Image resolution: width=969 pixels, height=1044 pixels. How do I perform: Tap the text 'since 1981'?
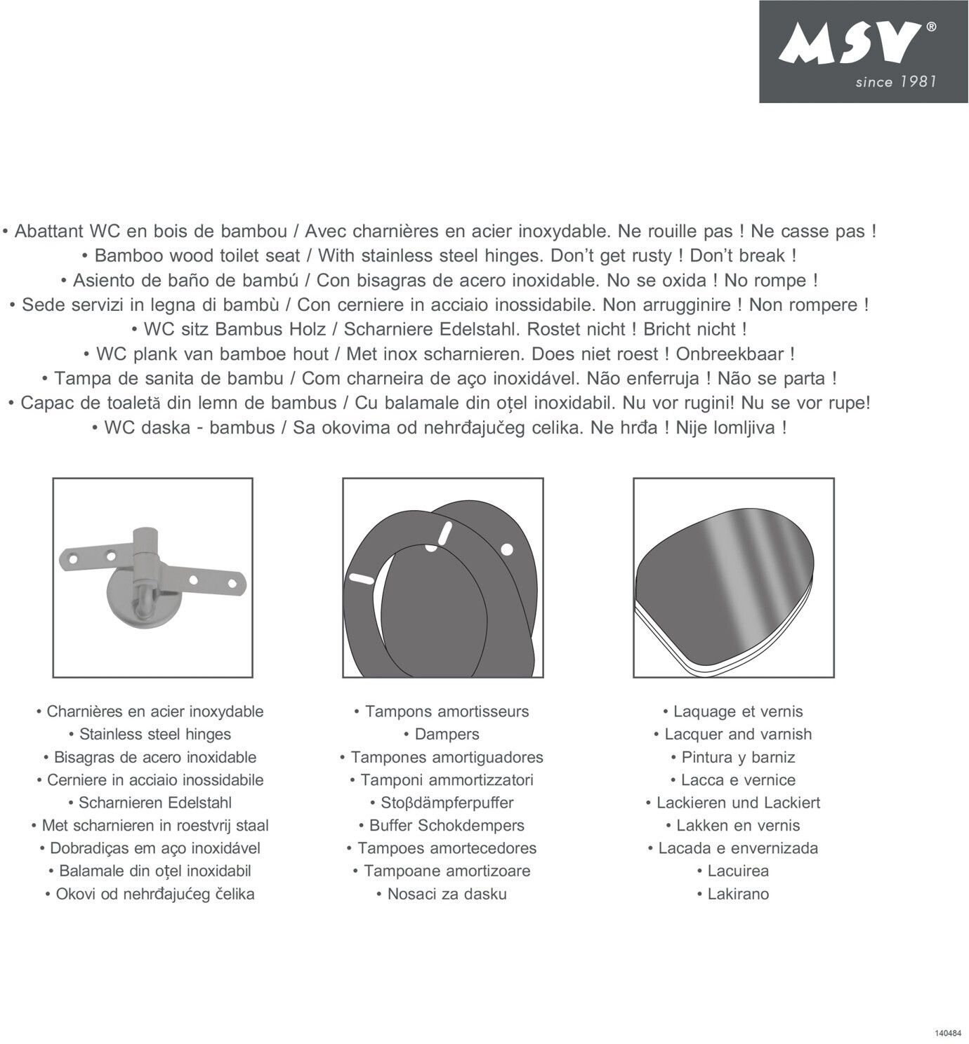[895, 82]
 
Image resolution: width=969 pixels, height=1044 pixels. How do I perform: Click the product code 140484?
[948, 1033]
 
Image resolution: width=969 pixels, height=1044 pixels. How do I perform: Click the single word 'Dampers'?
[447, 735]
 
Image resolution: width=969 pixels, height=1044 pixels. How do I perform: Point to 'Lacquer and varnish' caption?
[738, 735]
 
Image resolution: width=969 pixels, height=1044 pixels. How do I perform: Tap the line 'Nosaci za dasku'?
[447, 895]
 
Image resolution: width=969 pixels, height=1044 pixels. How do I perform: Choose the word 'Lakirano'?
[738, 895]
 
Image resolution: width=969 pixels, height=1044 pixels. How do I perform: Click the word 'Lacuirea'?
[738, 871]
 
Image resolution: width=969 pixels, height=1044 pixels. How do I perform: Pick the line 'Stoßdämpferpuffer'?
[447, 803]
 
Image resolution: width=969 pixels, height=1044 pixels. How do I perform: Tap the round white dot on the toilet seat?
[507, 549]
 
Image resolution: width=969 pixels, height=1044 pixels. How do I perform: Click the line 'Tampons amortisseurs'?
[447, 711]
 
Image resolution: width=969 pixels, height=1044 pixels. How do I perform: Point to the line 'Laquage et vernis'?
[738, 711]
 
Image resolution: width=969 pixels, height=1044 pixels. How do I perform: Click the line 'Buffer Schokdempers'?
[447, 826]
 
